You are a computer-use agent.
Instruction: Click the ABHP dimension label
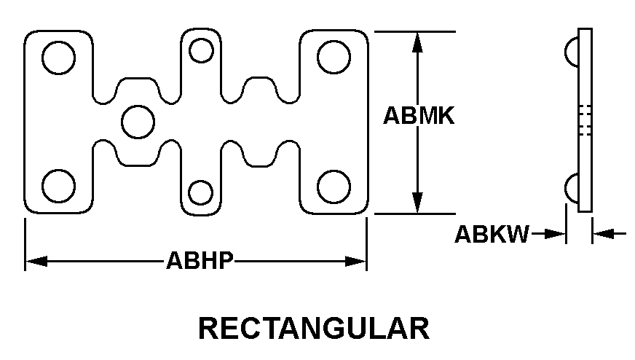click(200, 260)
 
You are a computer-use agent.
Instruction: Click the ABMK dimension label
click(419, 116)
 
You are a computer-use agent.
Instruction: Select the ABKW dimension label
click(492, 234)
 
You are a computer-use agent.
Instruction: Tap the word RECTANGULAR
click(314, 329)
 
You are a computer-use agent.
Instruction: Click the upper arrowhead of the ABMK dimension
click(417, 42)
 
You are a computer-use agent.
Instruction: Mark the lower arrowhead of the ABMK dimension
click(417, 203)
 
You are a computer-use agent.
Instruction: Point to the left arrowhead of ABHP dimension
click(36, 261)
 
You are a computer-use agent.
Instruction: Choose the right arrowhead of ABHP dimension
click(355, 261)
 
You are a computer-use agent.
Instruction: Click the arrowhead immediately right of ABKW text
click(555, 234)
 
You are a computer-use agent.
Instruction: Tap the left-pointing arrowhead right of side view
click(604, 234)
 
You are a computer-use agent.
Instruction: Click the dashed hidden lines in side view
click(585, 120)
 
